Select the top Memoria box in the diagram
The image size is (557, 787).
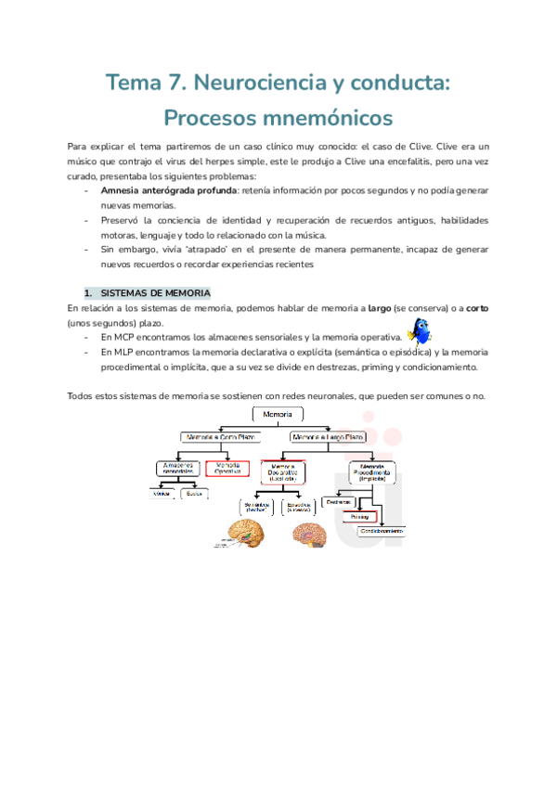[278, 414]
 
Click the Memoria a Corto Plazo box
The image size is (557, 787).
[220, 435]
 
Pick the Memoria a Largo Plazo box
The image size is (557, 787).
[328, 435]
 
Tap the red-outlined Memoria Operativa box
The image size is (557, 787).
[227, 469]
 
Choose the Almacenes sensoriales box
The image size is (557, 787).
[176, 469]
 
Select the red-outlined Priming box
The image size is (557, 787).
[358, 517]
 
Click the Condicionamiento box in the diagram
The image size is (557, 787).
[381, 531]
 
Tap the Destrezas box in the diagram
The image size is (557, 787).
[339, 501]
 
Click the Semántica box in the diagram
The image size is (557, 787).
[256, 507]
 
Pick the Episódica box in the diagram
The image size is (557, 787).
[299, 507]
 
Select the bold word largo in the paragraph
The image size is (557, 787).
[380, 307]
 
